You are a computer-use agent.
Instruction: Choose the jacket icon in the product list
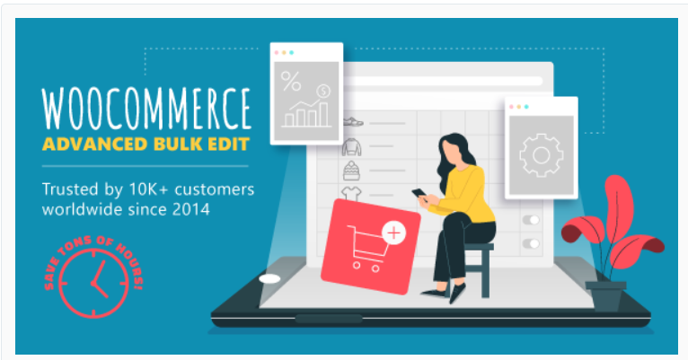tap(351, 146)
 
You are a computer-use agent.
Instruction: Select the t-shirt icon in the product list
tap(351, 192)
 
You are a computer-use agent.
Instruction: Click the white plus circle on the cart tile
tap(393, 233)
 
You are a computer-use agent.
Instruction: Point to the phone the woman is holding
tap(419, 192)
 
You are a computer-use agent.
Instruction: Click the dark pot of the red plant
tap(605, 295)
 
